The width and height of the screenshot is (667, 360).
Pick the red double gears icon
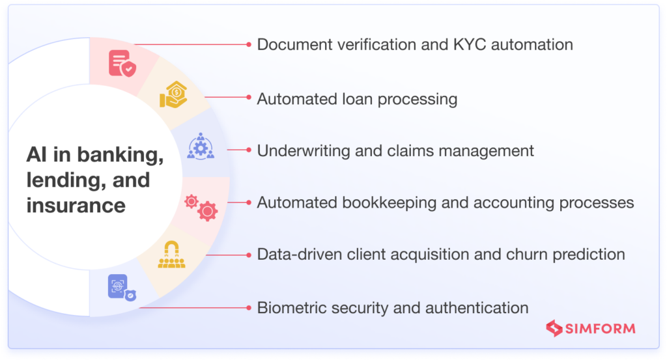coord(201,206)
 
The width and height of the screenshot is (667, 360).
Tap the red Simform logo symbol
coord(556,328)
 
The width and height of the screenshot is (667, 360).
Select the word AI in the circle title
coord(36,155)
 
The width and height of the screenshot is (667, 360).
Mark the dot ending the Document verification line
coord(248,44)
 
